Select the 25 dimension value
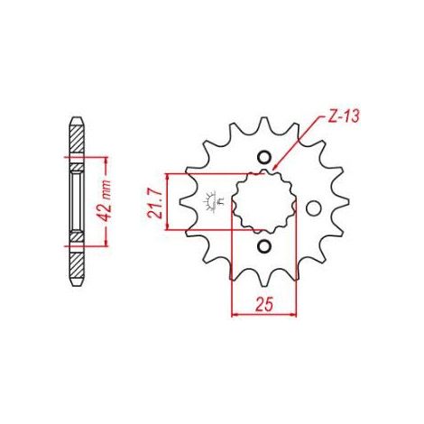(264, 304)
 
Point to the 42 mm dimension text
(106, 201)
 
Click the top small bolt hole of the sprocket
(264, 157)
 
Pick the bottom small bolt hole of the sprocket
(264, 246)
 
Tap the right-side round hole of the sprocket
(314, 208)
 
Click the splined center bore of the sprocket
(264, 202)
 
